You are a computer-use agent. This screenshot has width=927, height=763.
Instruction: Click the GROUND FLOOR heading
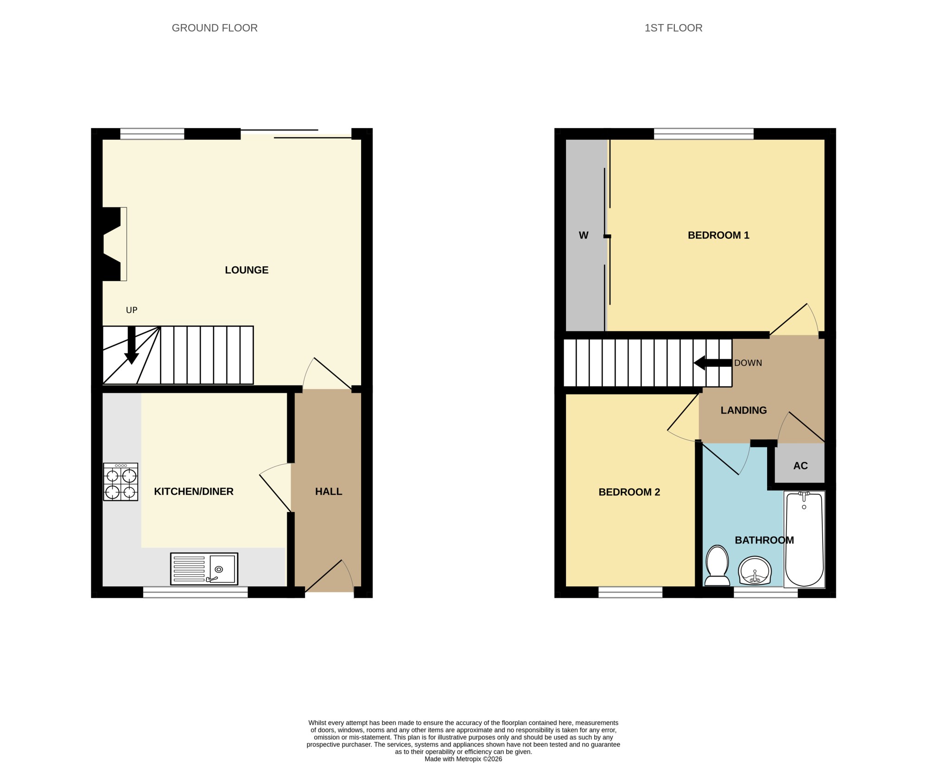pyautogui.click(x=215, y=28)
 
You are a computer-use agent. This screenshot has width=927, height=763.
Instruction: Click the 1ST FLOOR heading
pyautogui.click(x=673, y=28)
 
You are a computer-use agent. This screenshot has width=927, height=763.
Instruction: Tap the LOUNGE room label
pyautogui.click(x=247, y=270)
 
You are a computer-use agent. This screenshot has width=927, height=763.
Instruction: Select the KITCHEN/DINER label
pyautogui.click(x=194, y=492)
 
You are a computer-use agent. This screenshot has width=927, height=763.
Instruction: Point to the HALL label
pyautogui.click(x=329, y=492)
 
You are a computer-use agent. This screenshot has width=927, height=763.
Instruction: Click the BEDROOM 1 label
pyautogui.click(x=718, y=235)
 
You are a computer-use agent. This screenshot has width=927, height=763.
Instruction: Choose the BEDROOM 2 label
pyautogui.click(x=629, y=492)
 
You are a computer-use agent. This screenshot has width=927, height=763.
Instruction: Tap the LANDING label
pyautogui.click(x=743, y=410)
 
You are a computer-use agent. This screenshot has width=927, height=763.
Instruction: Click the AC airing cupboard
pyautogui.click(x=800, y=466)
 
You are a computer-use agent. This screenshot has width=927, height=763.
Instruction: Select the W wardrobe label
pyautogui.click(x=584, y=235)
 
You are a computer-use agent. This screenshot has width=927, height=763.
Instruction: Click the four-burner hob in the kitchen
pyautogui.click(x=121, y=482)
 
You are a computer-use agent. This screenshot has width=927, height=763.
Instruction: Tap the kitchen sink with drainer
pyautogui.click(x=204, y=569)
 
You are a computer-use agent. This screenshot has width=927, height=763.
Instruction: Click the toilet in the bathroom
pyautogui.click(x=717, y=565)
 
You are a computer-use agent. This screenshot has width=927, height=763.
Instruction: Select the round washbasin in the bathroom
pyautogui.click(x=755, y=571)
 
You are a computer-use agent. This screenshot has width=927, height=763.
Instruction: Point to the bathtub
pyautogui.click(x=804, y=539)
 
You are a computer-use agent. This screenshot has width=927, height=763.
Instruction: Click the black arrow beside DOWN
pyautogui.click(x=713, y=363)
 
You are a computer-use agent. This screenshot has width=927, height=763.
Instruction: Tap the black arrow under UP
pyautogui.click(x=132, y=345)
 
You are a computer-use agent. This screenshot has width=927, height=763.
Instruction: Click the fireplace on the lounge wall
pyautogui.click(x=114, y=244)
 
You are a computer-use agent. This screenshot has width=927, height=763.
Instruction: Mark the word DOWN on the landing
pyautogui.click(x=748, y=363)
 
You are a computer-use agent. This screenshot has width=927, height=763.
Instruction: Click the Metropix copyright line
pyautogui.click(x=463, y=759)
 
